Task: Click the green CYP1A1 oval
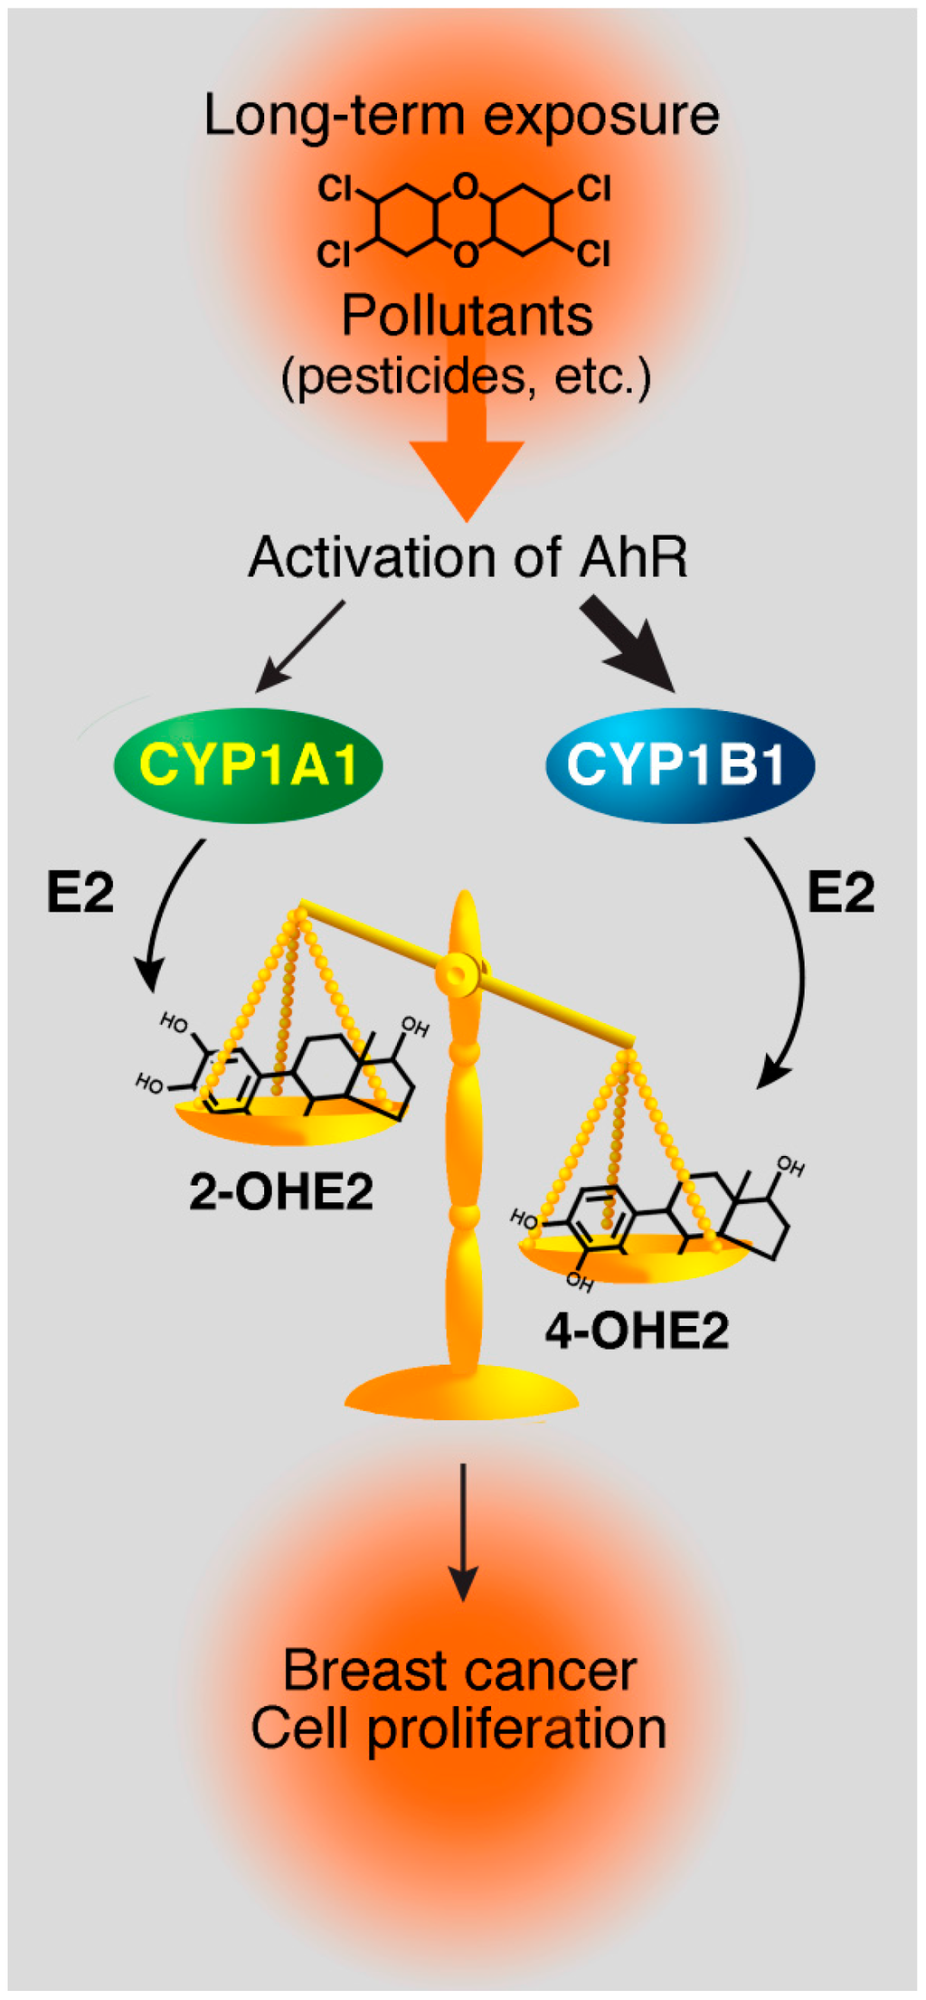click(x=248, y=765)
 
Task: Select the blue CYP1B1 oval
click(x=679, y=765)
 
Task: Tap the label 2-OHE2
click(x=280, y=1191)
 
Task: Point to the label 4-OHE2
click(x=637, y=1331)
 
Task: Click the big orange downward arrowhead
click(x=467, y=475)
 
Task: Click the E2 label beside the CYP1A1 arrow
click(x=80, y=893)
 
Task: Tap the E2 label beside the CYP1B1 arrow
click(x=841, y=893)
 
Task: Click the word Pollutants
click(x=467, y=316)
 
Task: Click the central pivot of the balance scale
click(x=456, y=973)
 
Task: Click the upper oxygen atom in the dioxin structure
click(x=465, y=186)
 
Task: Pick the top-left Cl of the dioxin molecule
click(x=334, y=189)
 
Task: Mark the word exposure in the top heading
click(x=601, y=116)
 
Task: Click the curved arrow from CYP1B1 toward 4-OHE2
click(x=793, y=959)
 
